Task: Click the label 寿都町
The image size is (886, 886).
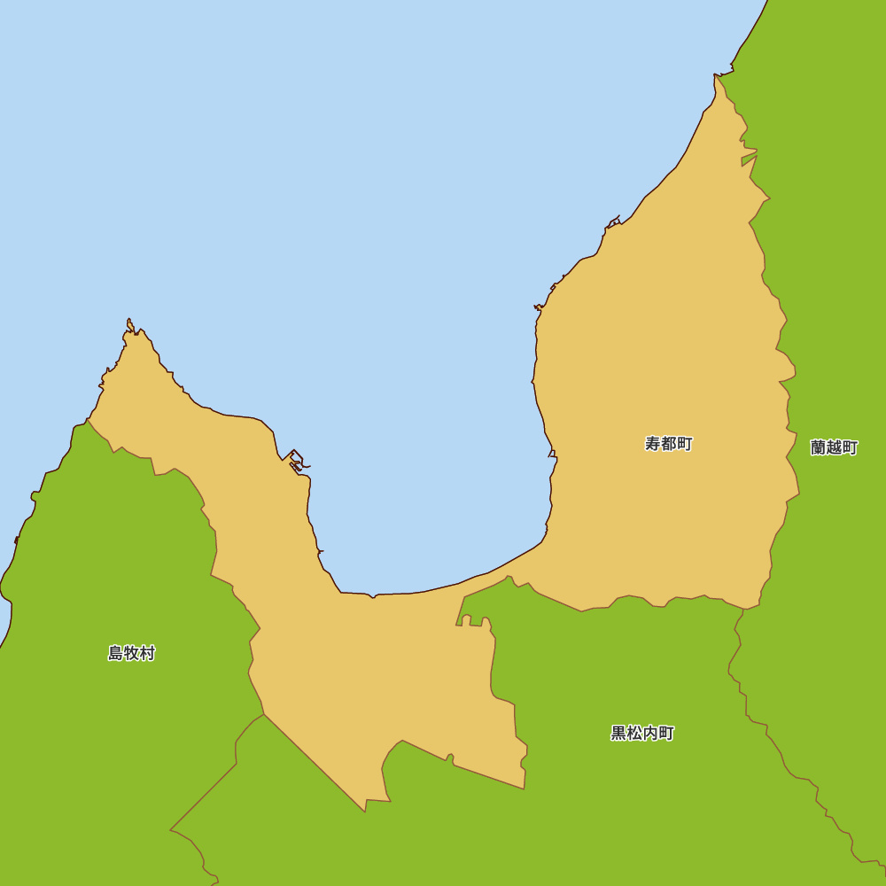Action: tap(668, 444)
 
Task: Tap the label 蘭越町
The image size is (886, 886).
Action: tap(834, 447)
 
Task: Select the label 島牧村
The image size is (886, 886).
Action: tap(131, 653)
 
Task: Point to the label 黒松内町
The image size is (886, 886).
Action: tap(642, 733)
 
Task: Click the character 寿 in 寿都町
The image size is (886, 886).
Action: tap(652, 444)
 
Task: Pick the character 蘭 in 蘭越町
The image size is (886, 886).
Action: tap(818, 447)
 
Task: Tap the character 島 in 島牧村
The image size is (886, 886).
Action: tap(115, 653)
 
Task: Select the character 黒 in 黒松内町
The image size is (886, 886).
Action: tap(618, 733)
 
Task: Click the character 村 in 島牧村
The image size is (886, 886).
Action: tap(147, 653)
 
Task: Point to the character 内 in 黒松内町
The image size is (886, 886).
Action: tap(650, 733)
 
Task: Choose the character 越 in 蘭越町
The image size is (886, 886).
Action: tap(834, 447)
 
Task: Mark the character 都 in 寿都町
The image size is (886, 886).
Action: tap(668, 444)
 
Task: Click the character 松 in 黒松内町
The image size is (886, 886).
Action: tap(634, 733)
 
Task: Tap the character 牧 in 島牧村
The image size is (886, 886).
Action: tap(131, 653)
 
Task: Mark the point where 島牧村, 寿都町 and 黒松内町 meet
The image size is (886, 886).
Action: tap(264, 714)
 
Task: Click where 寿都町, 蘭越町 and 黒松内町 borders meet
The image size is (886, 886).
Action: tap(744, 609)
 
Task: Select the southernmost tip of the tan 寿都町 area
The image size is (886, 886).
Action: tap(365, 811)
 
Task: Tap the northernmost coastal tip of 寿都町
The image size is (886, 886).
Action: tap(715, 75)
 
